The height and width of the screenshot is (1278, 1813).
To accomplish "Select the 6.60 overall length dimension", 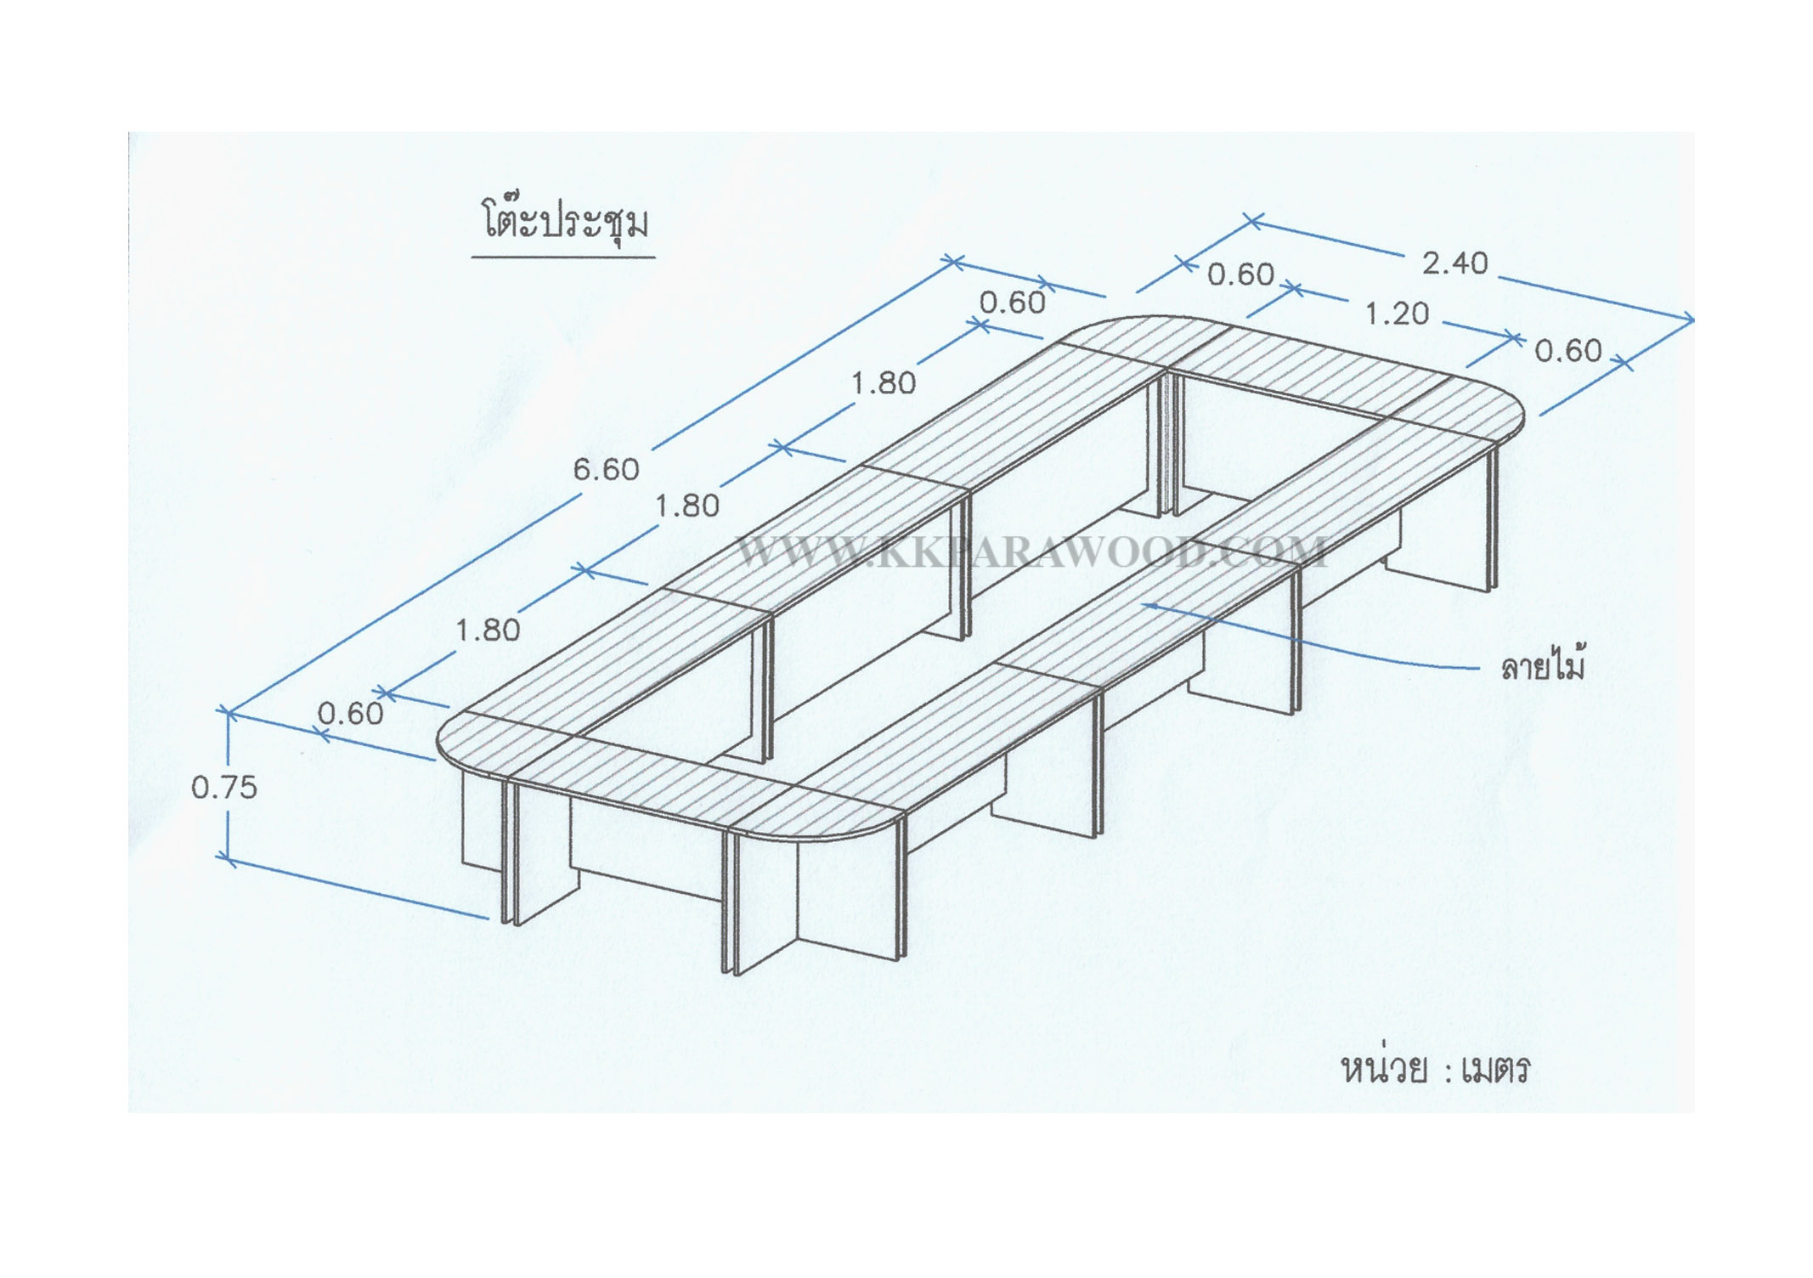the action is point(606,469).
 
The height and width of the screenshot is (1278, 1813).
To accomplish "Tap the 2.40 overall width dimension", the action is point(1455,263).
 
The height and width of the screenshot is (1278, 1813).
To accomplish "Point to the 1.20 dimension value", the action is point(1397,314).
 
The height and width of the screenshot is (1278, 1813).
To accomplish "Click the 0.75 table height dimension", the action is point(223,788).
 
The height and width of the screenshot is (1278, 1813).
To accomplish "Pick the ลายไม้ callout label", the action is point(1543,665).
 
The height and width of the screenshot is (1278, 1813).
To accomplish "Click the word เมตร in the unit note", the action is point(1495,1069).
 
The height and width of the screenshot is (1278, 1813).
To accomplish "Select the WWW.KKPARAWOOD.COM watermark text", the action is point(1031,552).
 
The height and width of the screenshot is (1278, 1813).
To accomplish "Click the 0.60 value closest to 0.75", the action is point(350,714).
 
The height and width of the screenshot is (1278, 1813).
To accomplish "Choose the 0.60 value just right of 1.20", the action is point(1568,351).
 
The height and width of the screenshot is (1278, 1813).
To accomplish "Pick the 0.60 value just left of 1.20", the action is point(1241,274).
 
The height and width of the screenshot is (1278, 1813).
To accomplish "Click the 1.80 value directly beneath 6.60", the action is point(687,506).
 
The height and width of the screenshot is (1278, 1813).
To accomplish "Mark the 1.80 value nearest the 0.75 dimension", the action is point(488,631).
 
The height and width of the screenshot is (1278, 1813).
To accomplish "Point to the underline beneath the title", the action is point(563,256).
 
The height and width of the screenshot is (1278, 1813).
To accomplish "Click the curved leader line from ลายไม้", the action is point(1313,638).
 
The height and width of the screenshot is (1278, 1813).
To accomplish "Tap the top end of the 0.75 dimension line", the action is point(228,712).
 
